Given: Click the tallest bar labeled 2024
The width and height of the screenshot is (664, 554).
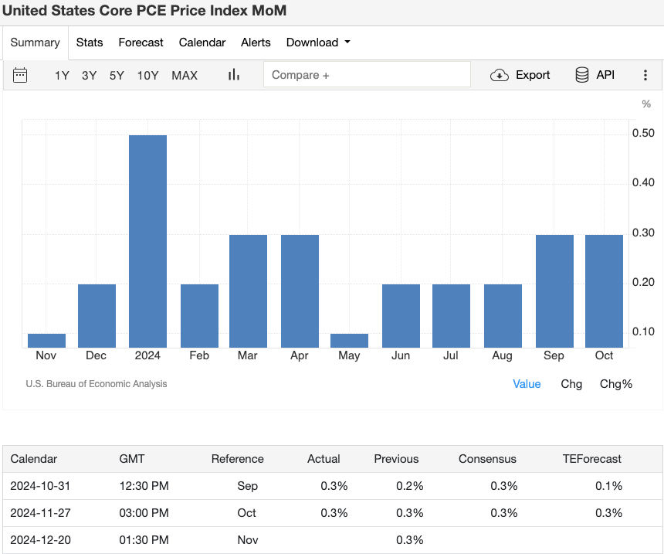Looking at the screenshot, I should click(x=147, y=241).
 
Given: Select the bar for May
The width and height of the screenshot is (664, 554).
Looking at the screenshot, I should click(x=349, y=341).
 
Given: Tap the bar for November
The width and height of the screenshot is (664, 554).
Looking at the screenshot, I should click(x=46, y=341).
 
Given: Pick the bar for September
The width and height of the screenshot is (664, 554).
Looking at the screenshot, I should click(x=554, y=291).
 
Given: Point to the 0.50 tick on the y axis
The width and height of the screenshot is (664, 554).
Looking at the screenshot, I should click(x=643, y=134).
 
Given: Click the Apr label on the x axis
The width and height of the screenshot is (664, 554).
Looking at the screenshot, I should click(x=300, y=355).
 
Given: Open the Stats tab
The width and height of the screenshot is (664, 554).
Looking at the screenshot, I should click(x=90, y=42).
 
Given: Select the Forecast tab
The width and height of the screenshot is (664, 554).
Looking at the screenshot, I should click(x=141, y=42).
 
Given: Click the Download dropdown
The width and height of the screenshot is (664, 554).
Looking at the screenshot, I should click(x=318, y=42).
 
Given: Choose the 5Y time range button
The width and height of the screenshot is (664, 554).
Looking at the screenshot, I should click(x=117, y=75).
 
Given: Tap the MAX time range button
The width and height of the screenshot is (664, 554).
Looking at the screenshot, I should click(x=185, y=75).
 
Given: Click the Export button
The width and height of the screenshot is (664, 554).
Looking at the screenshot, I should click(x=521, y=75).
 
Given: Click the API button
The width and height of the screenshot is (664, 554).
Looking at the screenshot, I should click(x=595, y=75).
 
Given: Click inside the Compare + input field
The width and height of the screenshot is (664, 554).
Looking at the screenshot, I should click(x=367, y=75).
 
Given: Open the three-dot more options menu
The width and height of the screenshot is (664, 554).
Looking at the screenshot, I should click(x=645, y=75).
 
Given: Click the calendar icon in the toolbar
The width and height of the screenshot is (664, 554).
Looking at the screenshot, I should click(x=20, y=75).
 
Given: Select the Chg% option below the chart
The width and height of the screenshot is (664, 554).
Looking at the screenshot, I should click(x=615, y=384).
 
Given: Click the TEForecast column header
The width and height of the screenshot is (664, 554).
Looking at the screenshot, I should click(x=591, y=459).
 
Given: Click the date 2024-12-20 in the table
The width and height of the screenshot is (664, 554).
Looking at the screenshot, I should click(x=40, y=540).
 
